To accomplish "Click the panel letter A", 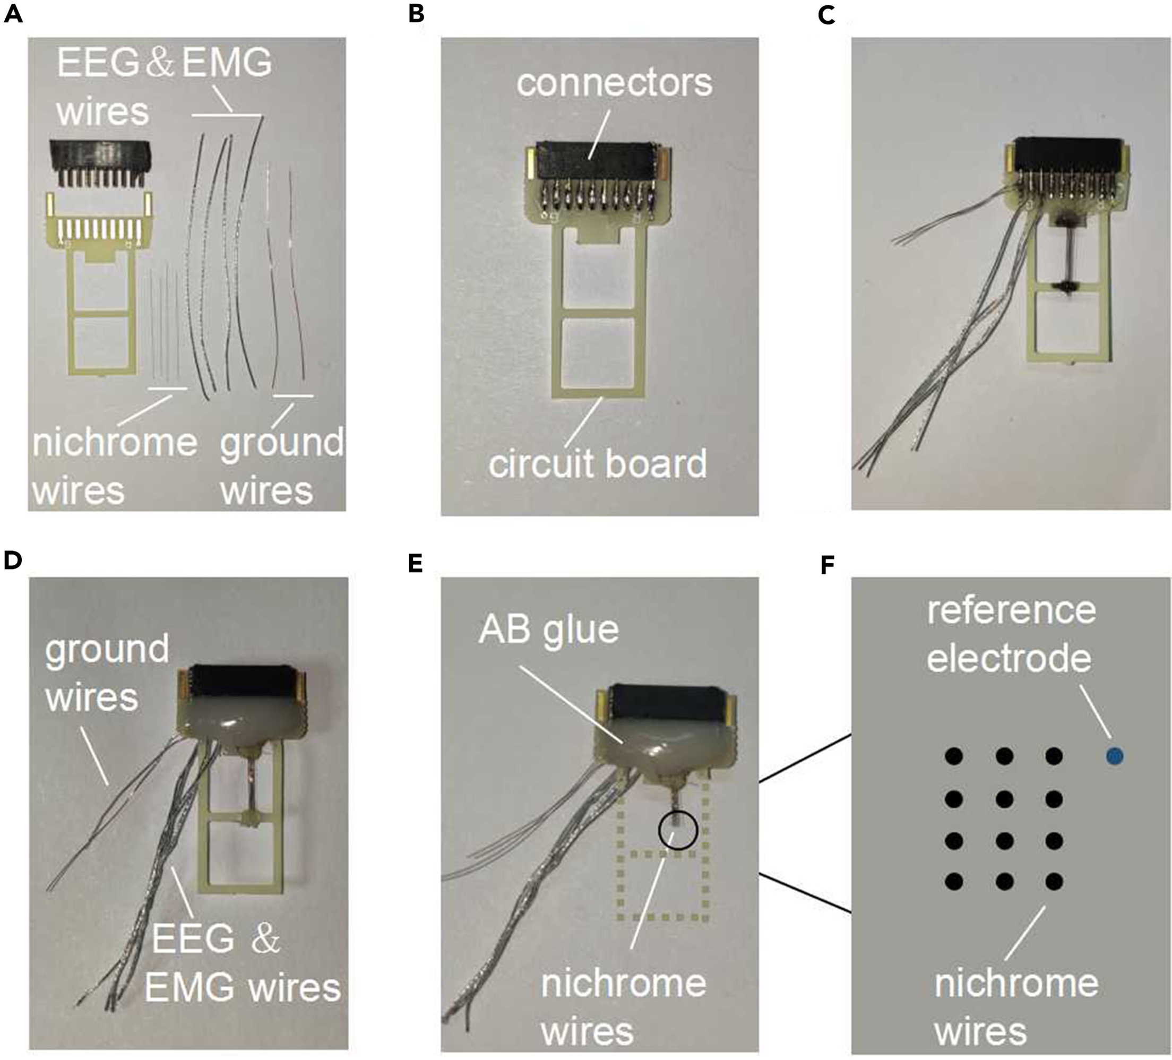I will pos(13,14).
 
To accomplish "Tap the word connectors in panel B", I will pos(614,84).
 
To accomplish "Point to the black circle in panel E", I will pos(677,830).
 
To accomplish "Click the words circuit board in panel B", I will pos(598,464).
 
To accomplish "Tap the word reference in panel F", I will pos(1012,610).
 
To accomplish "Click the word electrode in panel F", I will pos(1009,659).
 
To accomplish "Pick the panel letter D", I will pos(13,561).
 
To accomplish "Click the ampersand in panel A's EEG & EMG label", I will pos(159,63).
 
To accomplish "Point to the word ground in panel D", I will pos(107,650).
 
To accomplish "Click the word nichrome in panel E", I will pos(623,984).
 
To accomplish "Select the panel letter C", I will pos(826,14).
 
